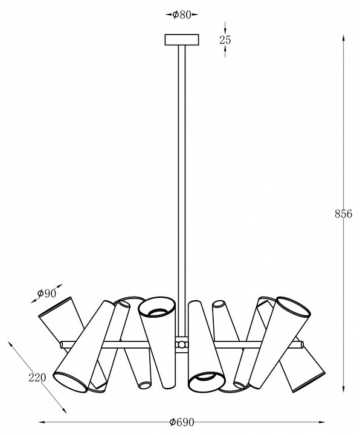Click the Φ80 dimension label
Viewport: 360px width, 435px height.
pyautogui.click(x=182, y=14)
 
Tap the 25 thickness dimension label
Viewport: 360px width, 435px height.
pyautogui.click(x=225, y=40)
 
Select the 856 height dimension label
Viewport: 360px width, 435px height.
pyautogui.click(x=343, y=214)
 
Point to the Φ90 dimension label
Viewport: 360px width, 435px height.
pyautogui.click(x=47, y=293)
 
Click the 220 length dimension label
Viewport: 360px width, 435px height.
pyautogui.click(x=37, y=377)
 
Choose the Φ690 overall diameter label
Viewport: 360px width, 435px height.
pyautogui.click(x=182, y=422)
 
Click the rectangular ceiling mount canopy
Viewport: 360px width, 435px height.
pyautogui.click(x=182, y=40)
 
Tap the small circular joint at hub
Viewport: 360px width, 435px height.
pyautogui.click(x=181, y=344)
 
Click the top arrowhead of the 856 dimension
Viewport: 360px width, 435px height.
pyautogui.click(x=343, y=38)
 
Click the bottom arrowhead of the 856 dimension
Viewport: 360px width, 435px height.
pyautogui.click(x=343, y=389)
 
